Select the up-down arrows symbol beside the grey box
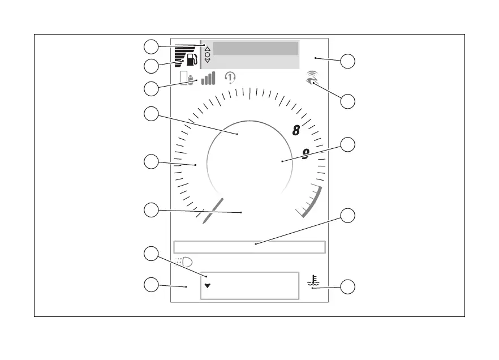pos(207,54)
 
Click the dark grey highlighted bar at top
pos(255,48)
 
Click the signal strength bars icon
pos(208,78)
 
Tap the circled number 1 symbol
pos(230,78)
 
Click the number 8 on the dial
pos(296,131)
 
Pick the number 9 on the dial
pos(306,154)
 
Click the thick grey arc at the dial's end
pos(313,201)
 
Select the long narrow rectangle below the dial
pos(249,247)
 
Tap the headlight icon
pos(184,262)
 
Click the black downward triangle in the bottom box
pos(207,286)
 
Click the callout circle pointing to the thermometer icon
pos(349,286)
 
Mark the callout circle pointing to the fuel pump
pos(150,66)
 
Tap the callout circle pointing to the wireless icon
pos(349,102)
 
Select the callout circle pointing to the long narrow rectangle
pos(349,216)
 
